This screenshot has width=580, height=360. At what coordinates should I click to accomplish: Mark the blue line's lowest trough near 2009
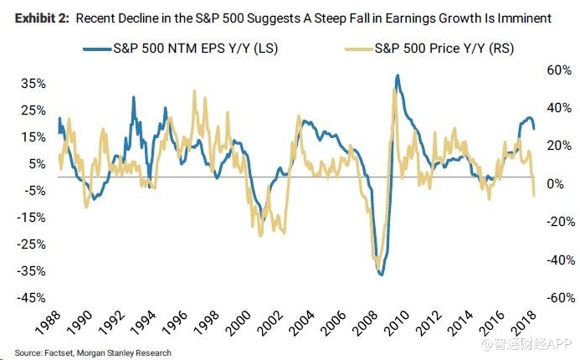click(382, 275)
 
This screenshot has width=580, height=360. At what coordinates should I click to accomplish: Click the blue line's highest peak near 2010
click(398, 76)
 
